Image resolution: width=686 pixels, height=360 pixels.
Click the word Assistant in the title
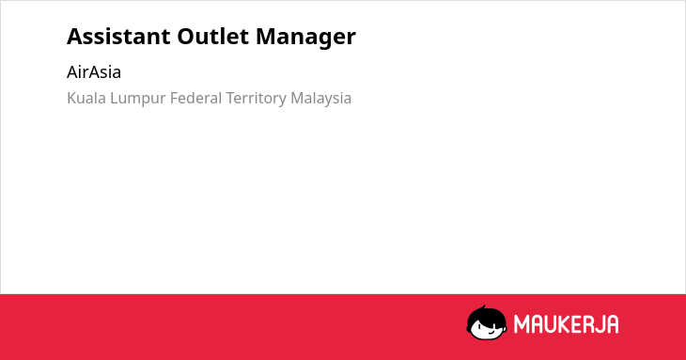[x=118, y=37]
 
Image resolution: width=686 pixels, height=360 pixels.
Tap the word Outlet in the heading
[x=213, y=37]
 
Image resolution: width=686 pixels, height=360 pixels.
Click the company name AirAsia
[x=94, y=72]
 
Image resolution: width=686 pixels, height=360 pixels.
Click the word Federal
[x=196, y=98]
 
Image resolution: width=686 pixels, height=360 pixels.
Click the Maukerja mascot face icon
[x=487, y=323]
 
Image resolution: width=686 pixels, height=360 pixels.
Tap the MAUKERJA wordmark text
[x=566, y=324]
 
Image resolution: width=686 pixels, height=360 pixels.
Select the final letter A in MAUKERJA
[x=612, y=324]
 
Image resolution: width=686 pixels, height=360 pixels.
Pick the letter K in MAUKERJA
[x=564, y=324]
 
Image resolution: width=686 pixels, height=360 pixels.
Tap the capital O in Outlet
[x=186, y=37]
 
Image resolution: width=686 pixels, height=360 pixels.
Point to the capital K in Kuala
[x=71, y=98]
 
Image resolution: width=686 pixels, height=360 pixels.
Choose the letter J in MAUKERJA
[x=599, y=324]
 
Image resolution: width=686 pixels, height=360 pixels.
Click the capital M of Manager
[x=266, y=37]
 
